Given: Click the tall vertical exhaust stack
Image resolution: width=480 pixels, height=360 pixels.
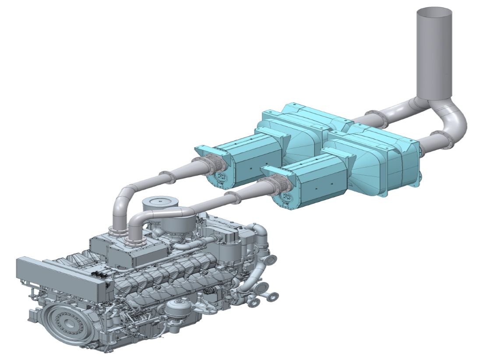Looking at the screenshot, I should (434, 53).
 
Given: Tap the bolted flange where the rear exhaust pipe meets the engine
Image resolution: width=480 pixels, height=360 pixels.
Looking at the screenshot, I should (116, 232).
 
